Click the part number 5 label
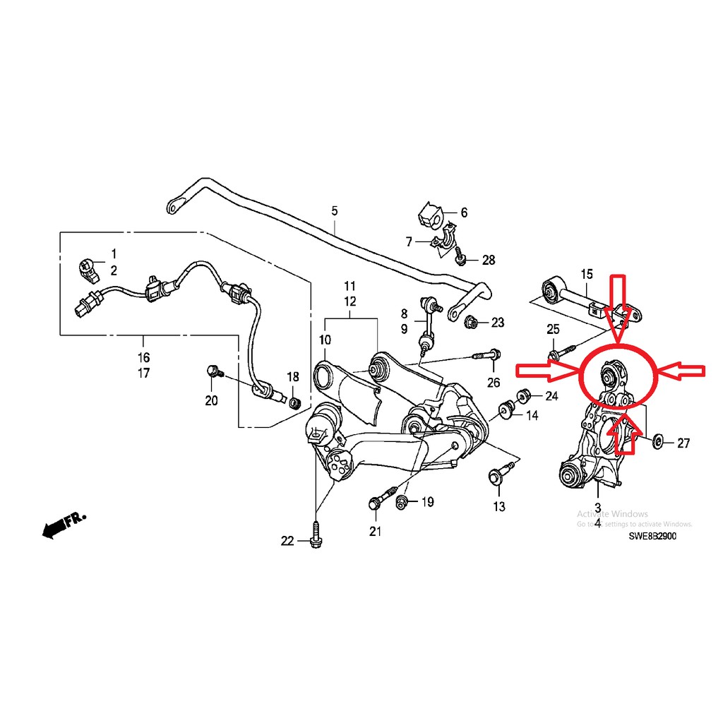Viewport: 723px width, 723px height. (335, 210)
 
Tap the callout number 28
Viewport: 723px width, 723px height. (489, 261)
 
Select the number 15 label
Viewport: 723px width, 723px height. (587, 273)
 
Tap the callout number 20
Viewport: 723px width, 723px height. (211, 401)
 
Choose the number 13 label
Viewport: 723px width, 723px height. (499, 506)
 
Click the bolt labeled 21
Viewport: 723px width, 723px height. (374, 503)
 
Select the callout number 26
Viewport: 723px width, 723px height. (493, 383)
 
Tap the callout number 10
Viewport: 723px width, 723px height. (325, 340)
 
